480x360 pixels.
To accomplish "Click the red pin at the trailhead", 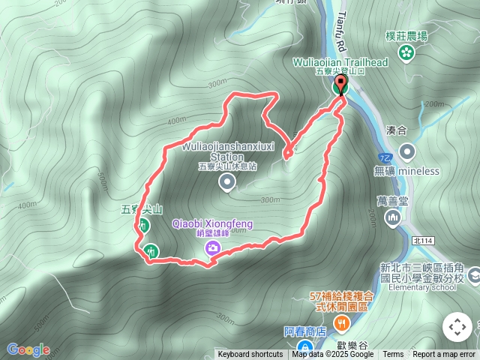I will click(x=340, y=83).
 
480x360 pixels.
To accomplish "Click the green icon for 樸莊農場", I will click(x=406, y=52).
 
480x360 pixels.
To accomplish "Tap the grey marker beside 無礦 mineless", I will click(x=407, y=152).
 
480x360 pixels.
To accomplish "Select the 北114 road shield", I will click(x=423, y=240).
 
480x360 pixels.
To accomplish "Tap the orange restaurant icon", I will click(x=342, y=323).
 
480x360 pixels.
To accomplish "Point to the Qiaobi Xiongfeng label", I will click(x=212, y=223).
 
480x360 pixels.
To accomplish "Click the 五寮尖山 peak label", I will click(x=142, y=211).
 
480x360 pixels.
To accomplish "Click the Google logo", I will click(x=28, y=349).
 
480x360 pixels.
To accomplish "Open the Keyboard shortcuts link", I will click(x=250, y=354).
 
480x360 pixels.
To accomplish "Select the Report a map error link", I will click(x=444, y=354).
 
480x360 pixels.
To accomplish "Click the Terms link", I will click(x=393, y=354).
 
